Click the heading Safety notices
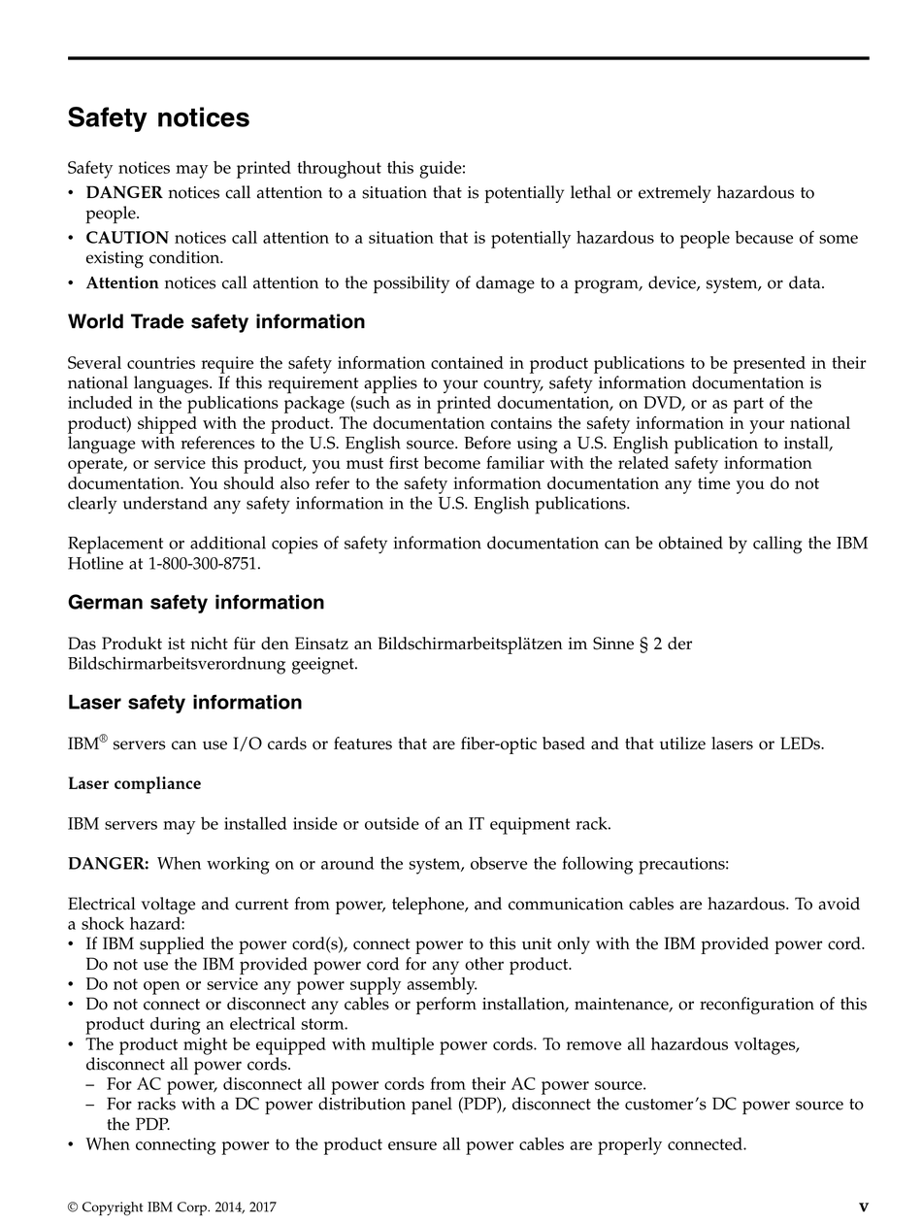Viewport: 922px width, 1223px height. coord(158,118)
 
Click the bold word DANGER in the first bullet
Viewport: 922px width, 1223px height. coord(124,193)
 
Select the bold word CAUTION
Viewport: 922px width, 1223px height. coord(127,238)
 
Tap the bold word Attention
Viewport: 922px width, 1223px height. coord(122,283)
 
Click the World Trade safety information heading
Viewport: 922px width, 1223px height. coord(216,322)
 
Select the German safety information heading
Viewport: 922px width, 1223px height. coord(196,603)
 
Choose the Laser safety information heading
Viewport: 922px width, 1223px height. coord(184,703)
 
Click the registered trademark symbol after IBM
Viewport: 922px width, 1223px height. coord(104,740)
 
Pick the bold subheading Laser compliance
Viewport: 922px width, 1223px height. coord(134,783)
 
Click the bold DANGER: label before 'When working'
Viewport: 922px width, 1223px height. coord(108,864)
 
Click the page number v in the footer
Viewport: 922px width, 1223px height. coord(864,1207)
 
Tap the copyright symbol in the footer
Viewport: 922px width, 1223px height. coord(73,1207)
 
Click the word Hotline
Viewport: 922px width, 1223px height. coord(96,563)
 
